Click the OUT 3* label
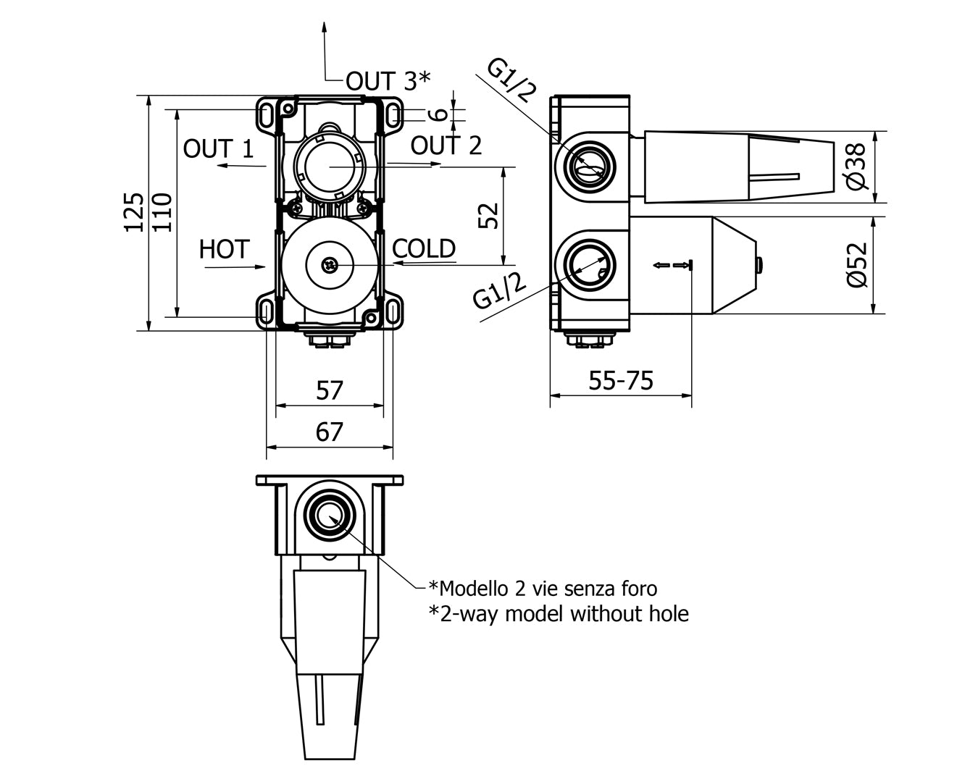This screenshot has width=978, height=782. (x=388, y=80)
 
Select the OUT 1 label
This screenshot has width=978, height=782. (x=218, y=149)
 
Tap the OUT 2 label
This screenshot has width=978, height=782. (x=446, y=146)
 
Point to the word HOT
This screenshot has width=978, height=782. (x=224, y=250)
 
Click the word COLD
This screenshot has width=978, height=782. (x=424, y=249)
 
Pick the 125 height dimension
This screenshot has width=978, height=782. (x=134, y=211)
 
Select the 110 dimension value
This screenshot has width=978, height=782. (x=162, y=211)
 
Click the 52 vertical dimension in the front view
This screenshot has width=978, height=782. (x=490, y=215)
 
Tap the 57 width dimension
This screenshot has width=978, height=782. (x=330, y=391)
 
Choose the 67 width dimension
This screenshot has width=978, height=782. (x=330, y=432)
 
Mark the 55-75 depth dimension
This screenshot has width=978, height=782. (x=620, y=380)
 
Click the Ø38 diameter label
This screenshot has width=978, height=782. (x=856, y=167)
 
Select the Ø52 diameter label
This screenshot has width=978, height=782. (x=856, y=265)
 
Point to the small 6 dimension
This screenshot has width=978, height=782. (x=436, y=114)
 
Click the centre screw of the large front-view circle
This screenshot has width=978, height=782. (x=330, y=266)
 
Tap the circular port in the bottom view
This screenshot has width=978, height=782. (x=330, y=516)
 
